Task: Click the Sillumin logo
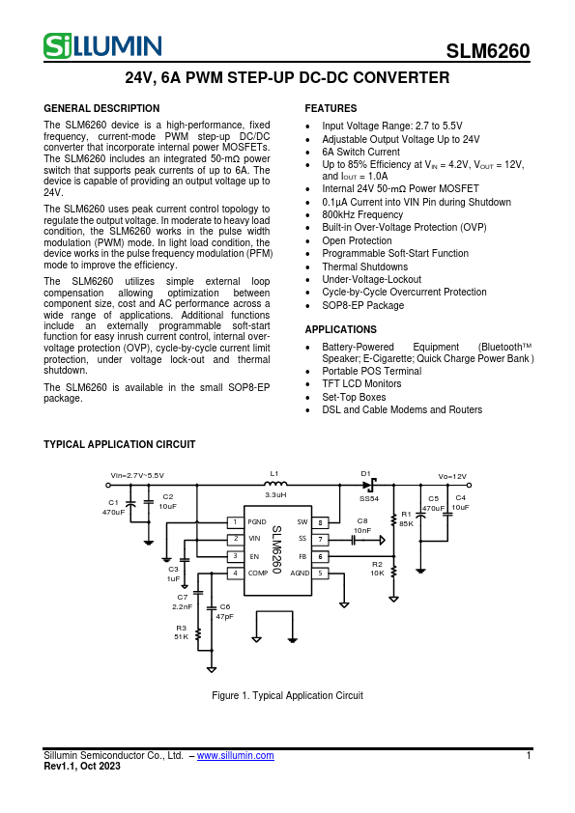click(x=102, y=45)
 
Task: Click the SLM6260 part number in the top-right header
click(x=488, y=52)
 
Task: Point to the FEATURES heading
click(x=331, y=108)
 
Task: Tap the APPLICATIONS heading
click(x=340, y=329)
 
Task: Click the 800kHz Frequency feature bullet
click(x=362, y=215)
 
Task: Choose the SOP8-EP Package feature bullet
click(x=363, y=305)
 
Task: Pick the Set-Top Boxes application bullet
click(x=354, y=397)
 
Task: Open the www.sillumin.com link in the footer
click(x=235, y=756)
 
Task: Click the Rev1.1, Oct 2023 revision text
click(x=82, y=767)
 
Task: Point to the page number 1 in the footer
click(x=529, y=756)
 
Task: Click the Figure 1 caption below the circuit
click(x=287, y=695)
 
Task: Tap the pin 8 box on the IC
click(x=321, y=522)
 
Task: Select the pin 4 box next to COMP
click(x=234, y=573)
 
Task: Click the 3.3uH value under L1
click(x=274, y=493)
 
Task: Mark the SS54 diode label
click(x=369, y=498)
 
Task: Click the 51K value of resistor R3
click(x=182, y=637)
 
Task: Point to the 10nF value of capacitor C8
click(x=362, y=530)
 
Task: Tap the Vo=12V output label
click(x=452, y=476)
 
